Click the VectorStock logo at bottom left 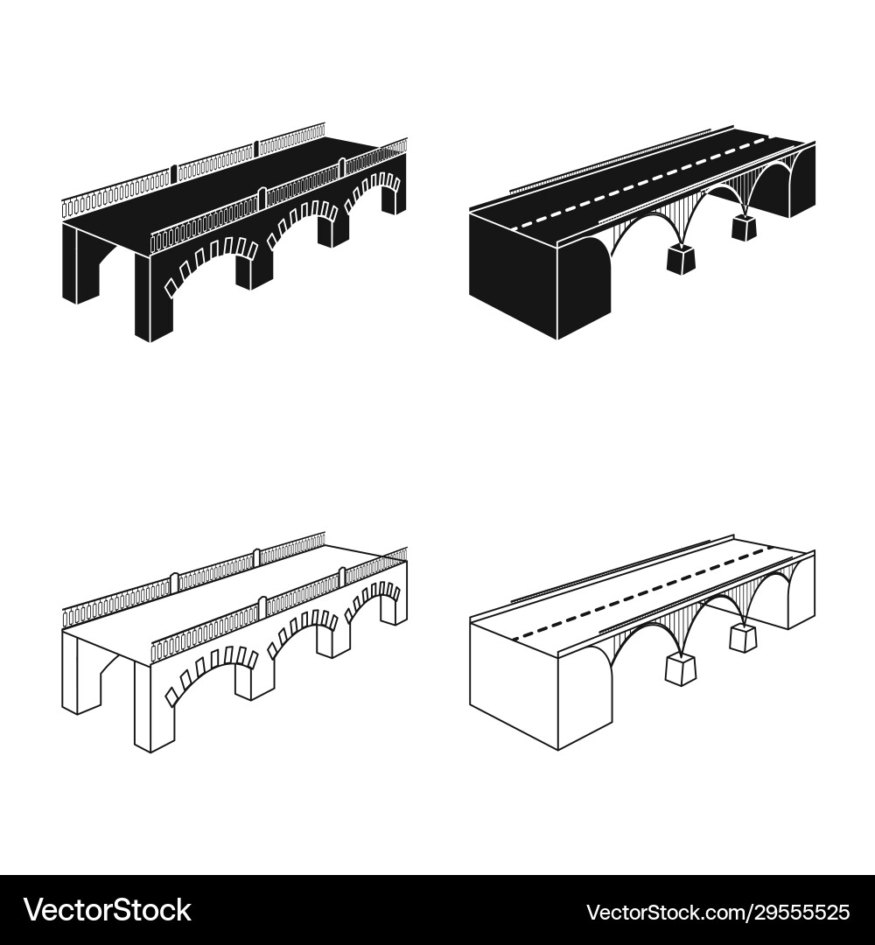[108, 910]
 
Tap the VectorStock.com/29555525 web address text [718, 911]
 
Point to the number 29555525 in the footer [797, 911]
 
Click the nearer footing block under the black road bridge [681, 258]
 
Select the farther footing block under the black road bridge [745, 227]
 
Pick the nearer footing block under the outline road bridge [681, 669]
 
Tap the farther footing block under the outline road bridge [745, 638]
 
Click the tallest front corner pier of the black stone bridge [152, 297]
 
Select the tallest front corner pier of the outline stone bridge [152, 707]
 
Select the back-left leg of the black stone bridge [79, 264]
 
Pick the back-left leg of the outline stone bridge [79, 675]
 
